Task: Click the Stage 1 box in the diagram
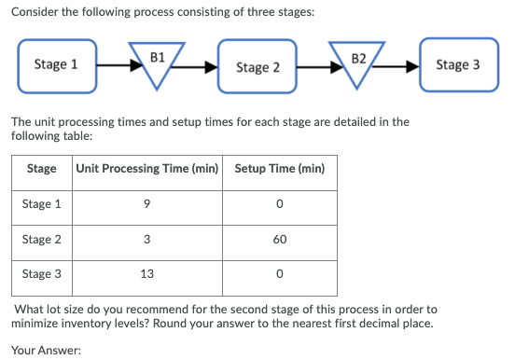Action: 56,64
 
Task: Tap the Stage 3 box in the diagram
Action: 458,64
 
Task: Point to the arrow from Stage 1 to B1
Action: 114,66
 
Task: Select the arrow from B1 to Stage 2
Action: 201,66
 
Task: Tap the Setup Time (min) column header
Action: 280,169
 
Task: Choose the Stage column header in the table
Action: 41,169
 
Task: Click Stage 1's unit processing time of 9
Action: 147,204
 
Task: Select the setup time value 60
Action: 280,239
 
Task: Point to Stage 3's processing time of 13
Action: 147,274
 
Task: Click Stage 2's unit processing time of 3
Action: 147,239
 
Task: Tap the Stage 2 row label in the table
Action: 43,239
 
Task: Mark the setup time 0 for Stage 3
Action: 280,274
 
